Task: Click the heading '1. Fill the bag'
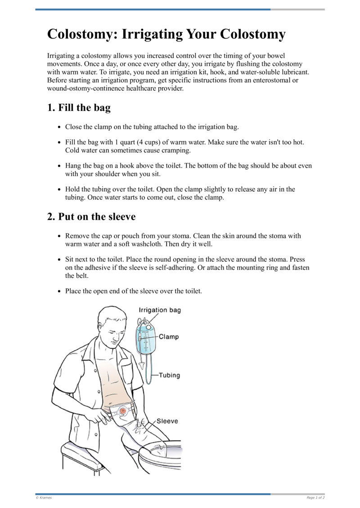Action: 79,108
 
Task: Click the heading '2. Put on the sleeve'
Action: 91,217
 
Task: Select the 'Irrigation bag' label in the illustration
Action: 160,310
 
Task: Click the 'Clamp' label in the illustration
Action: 168,337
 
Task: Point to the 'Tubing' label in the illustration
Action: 169,375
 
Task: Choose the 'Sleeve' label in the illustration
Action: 167,421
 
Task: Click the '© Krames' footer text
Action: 44,498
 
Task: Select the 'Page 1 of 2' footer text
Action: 315,498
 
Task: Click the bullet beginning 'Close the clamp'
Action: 152,127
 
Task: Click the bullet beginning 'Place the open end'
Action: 134,291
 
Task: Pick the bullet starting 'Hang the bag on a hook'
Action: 188,166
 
